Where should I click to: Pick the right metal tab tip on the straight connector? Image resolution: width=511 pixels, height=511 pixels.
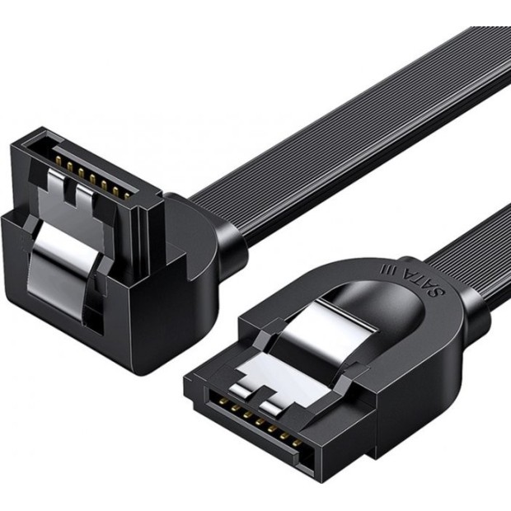[x=277, y=405]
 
